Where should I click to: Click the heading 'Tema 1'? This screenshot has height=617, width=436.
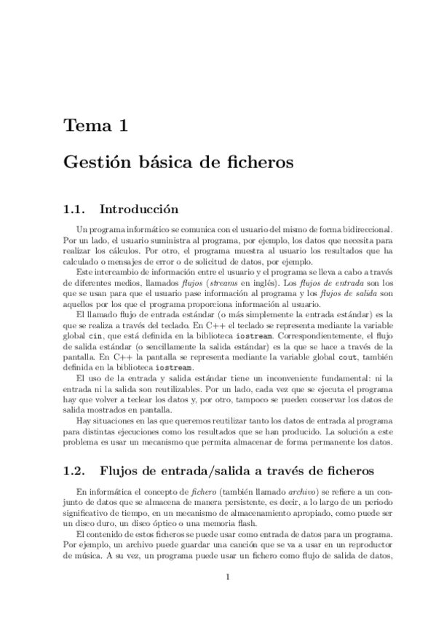(x=96, y=125)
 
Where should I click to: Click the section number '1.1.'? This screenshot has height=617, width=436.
(x=76, y=209)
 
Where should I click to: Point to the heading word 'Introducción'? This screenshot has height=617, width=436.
(x=138, y=209)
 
